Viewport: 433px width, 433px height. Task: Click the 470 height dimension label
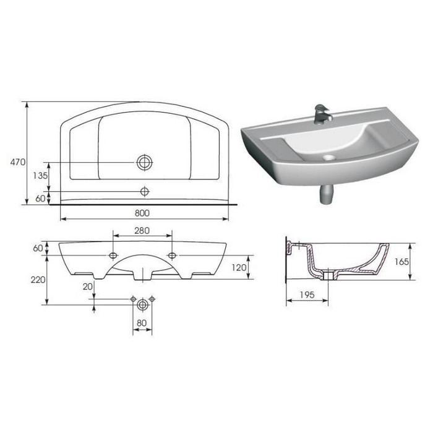point(18,162)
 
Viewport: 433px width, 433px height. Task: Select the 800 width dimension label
point(142,213)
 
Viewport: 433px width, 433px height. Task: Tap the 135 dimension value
point(40,175)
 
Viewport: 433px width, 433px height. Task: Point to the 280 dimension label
point(142,230)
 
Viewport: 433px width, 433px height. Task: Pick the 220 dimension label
point(38,280)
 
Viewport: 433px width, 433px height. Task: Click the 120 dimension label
point(239,267)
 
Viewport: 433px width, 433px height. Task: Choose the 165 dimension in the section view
point(401,262)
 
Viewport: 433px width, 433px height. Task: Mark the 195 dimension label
point(307,294)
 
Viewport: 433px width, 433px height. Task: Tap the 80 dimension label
point(142,323)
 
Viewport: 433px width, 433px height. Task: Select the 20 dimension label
point(88,286)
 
